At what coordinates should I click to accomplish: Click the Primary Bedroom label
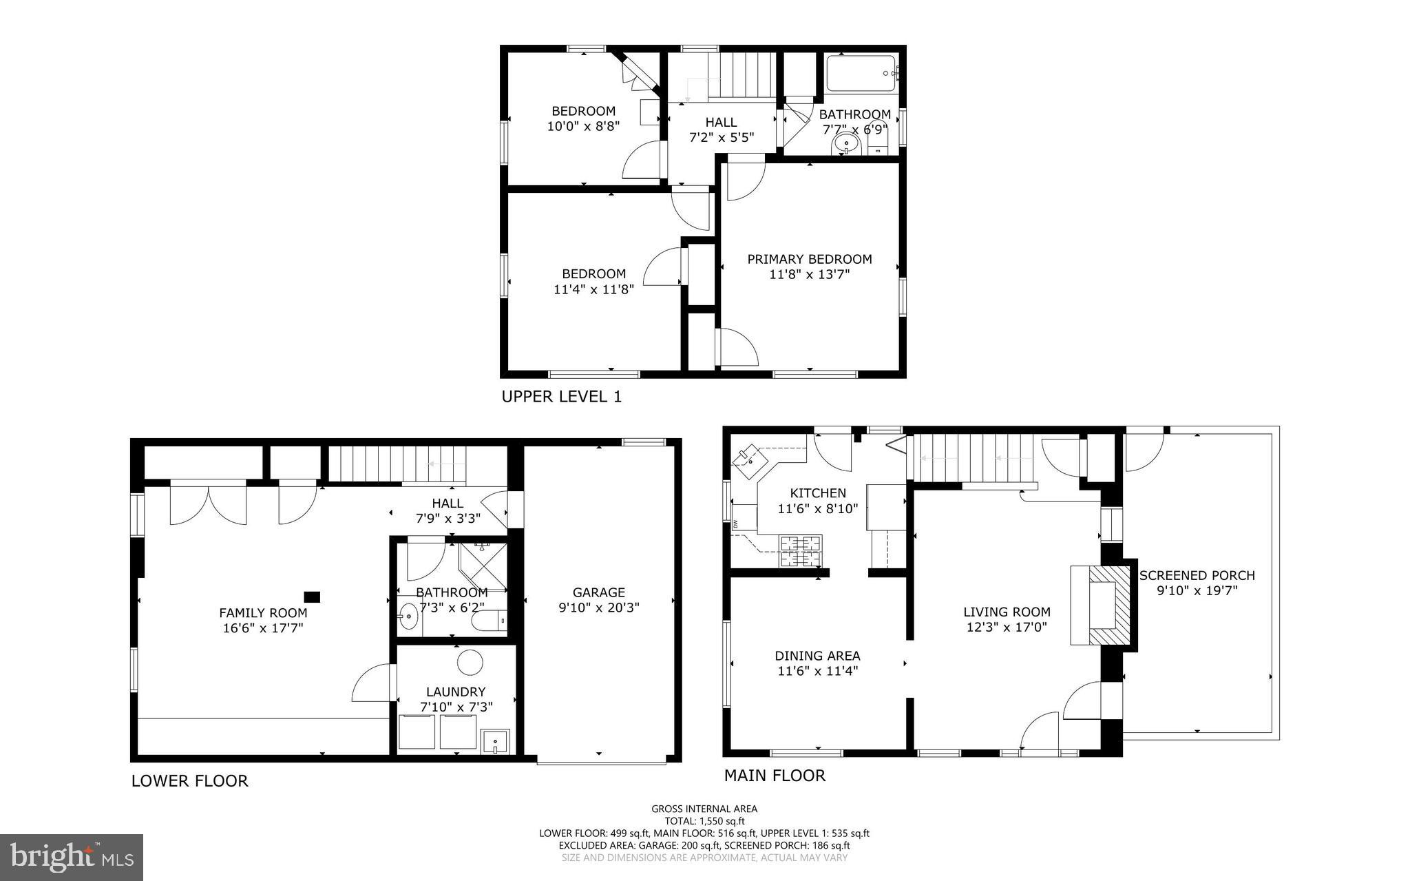click(x=810, y=260)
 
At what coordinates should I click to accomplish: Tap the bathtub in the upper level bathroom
click(x=861, y=74)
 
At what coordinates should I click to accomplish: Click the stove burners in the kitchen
click(x=800, y=551)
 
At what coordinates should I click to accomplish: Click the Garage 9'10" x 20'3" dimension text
click(x=598, y=608)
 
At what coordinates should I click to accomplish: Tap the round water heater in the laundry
click(x=471, y=663)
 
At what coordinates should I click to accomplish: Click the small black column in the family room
click(x=313, y=597)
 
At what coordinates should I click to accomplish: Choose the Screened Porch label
click(x=1197, y=575)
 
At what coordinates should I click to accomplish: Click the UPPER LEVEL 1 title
click(x=561, y=397)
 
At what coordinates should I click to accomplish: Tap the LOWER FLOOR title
click(x=189, y=780)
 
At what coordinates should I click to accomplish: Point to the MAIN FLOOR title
click(x=774, y=776)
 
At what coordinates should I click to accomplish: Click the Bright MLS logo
click(x=72, y=857)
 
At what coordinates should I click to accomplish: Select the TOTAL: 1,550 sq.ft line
click(x=704, y=821)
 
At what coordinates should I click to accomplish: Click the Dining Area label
click(x=817, y=656)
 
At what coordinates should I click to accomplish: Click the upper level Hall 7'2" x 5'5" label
click(x=721, y=129)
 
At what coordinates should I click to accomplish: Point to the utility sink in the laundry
click(x=495, y=742)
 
